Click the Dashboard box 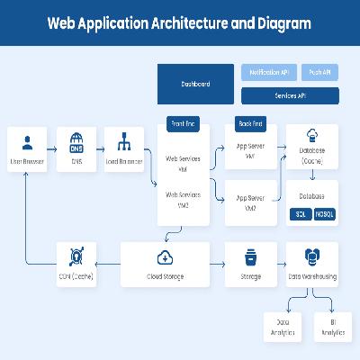click(195, 84)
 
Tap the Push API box click(319, 71)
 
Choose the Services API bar click(289, 95)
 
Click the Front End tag click(183, 123)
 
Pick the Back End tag click(250, 123)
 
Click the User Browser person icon click(27, 141)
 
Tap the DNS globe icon click(76, 141)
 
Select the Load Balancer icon click(125, 141)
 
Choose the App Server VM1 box click(250, 152)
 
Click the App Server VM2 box click(250, 202)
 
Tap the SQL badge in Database click(301, 214)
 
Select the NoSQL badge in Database click(324, 214)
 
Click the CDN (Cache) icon click(76, 256)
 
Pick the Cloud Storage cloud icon click(165, 256)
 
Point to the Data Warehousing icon click(311, 256)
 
